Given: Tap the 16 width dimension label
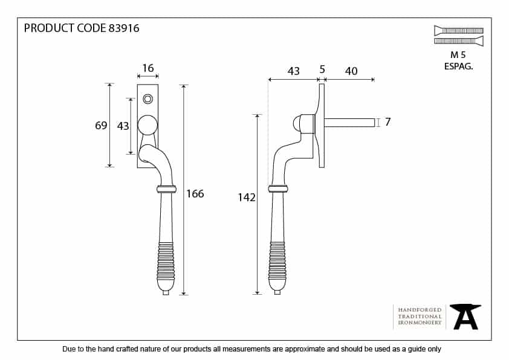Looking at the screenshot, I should pos(148,69).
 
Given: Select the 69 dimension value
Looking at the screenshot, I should pos(101,126).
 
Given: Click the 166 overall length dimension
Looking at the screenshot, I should pos(195,194).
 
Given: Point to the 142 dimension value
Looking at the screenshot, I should pos(247,197).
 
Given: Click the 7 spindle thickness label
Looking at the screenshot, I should pos(387,122).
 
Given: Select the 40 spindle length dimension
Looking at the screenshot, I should pos(351,71).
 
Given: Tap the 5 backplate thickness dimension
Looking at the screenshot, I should pos(322,71).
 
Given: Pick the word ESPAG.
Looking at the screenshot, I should pos(458,66).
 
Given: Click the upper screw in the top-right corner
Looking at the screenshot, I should pos(458,30).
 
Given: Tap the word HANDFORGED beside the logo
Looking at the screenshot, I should pos(420,309).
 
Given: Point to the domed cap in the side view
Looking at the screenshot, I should pos(297,124).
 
